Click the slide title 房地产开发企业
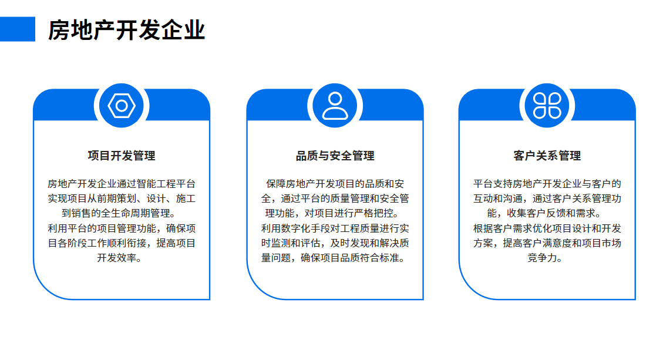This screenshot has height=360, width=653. [x=127, y=30]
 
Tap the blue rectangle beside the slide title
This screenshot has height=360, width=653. [x=18, y=29]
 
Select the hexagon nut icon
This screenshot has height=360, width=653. [x=122, y=106]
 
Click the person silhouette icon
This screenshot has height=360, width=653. [x=335, y=106]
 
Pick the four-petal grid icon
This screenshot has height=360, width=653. [x=547, y=106]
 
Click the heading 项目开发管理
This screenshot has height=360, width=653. [x=122, y=156]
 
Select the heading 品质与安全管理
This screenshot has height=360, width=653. [x=335, y=156]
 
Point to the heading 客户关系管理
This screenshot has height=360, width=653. [x=547, y=156]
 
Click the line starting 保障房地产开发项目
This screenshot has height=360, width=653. [x=335, y=184]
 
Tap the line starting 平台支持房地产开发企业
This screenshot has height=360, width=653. [x=547, y=184]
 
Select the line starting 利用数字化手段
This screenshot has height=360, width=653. [x=335, y=228]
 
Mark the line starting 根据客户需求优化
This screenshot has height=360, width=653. [x=547, y=228]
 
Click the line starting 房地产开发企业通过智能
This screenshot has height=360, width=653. [x=122, y=184]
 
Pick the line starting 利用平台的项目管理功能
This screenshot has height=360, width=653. [x=122, y=228]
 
